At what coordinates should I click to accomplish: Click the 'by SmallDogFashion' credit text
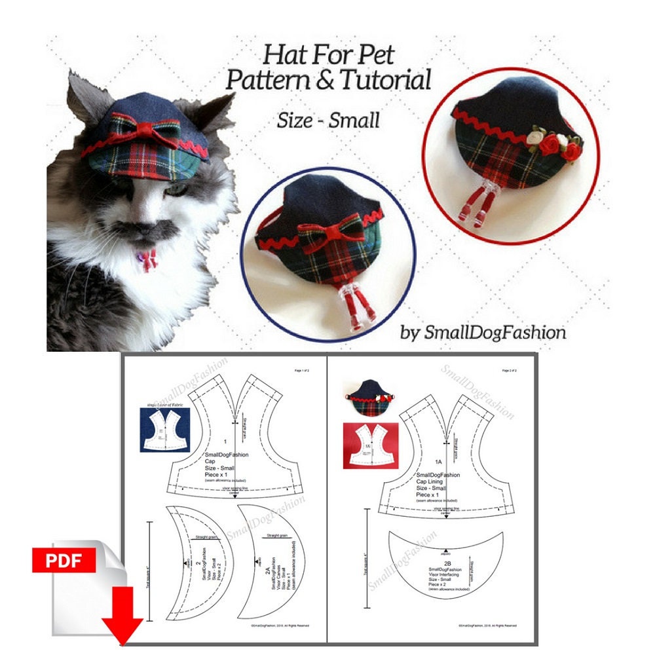pos(483,332)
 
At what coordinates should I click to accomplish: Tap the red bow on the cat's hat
pos(153,132)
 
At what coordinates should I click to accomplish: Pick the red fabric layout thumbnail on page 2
pos(366,445)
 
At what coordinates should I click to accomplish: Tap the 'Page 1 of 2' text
pos(303,371)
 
